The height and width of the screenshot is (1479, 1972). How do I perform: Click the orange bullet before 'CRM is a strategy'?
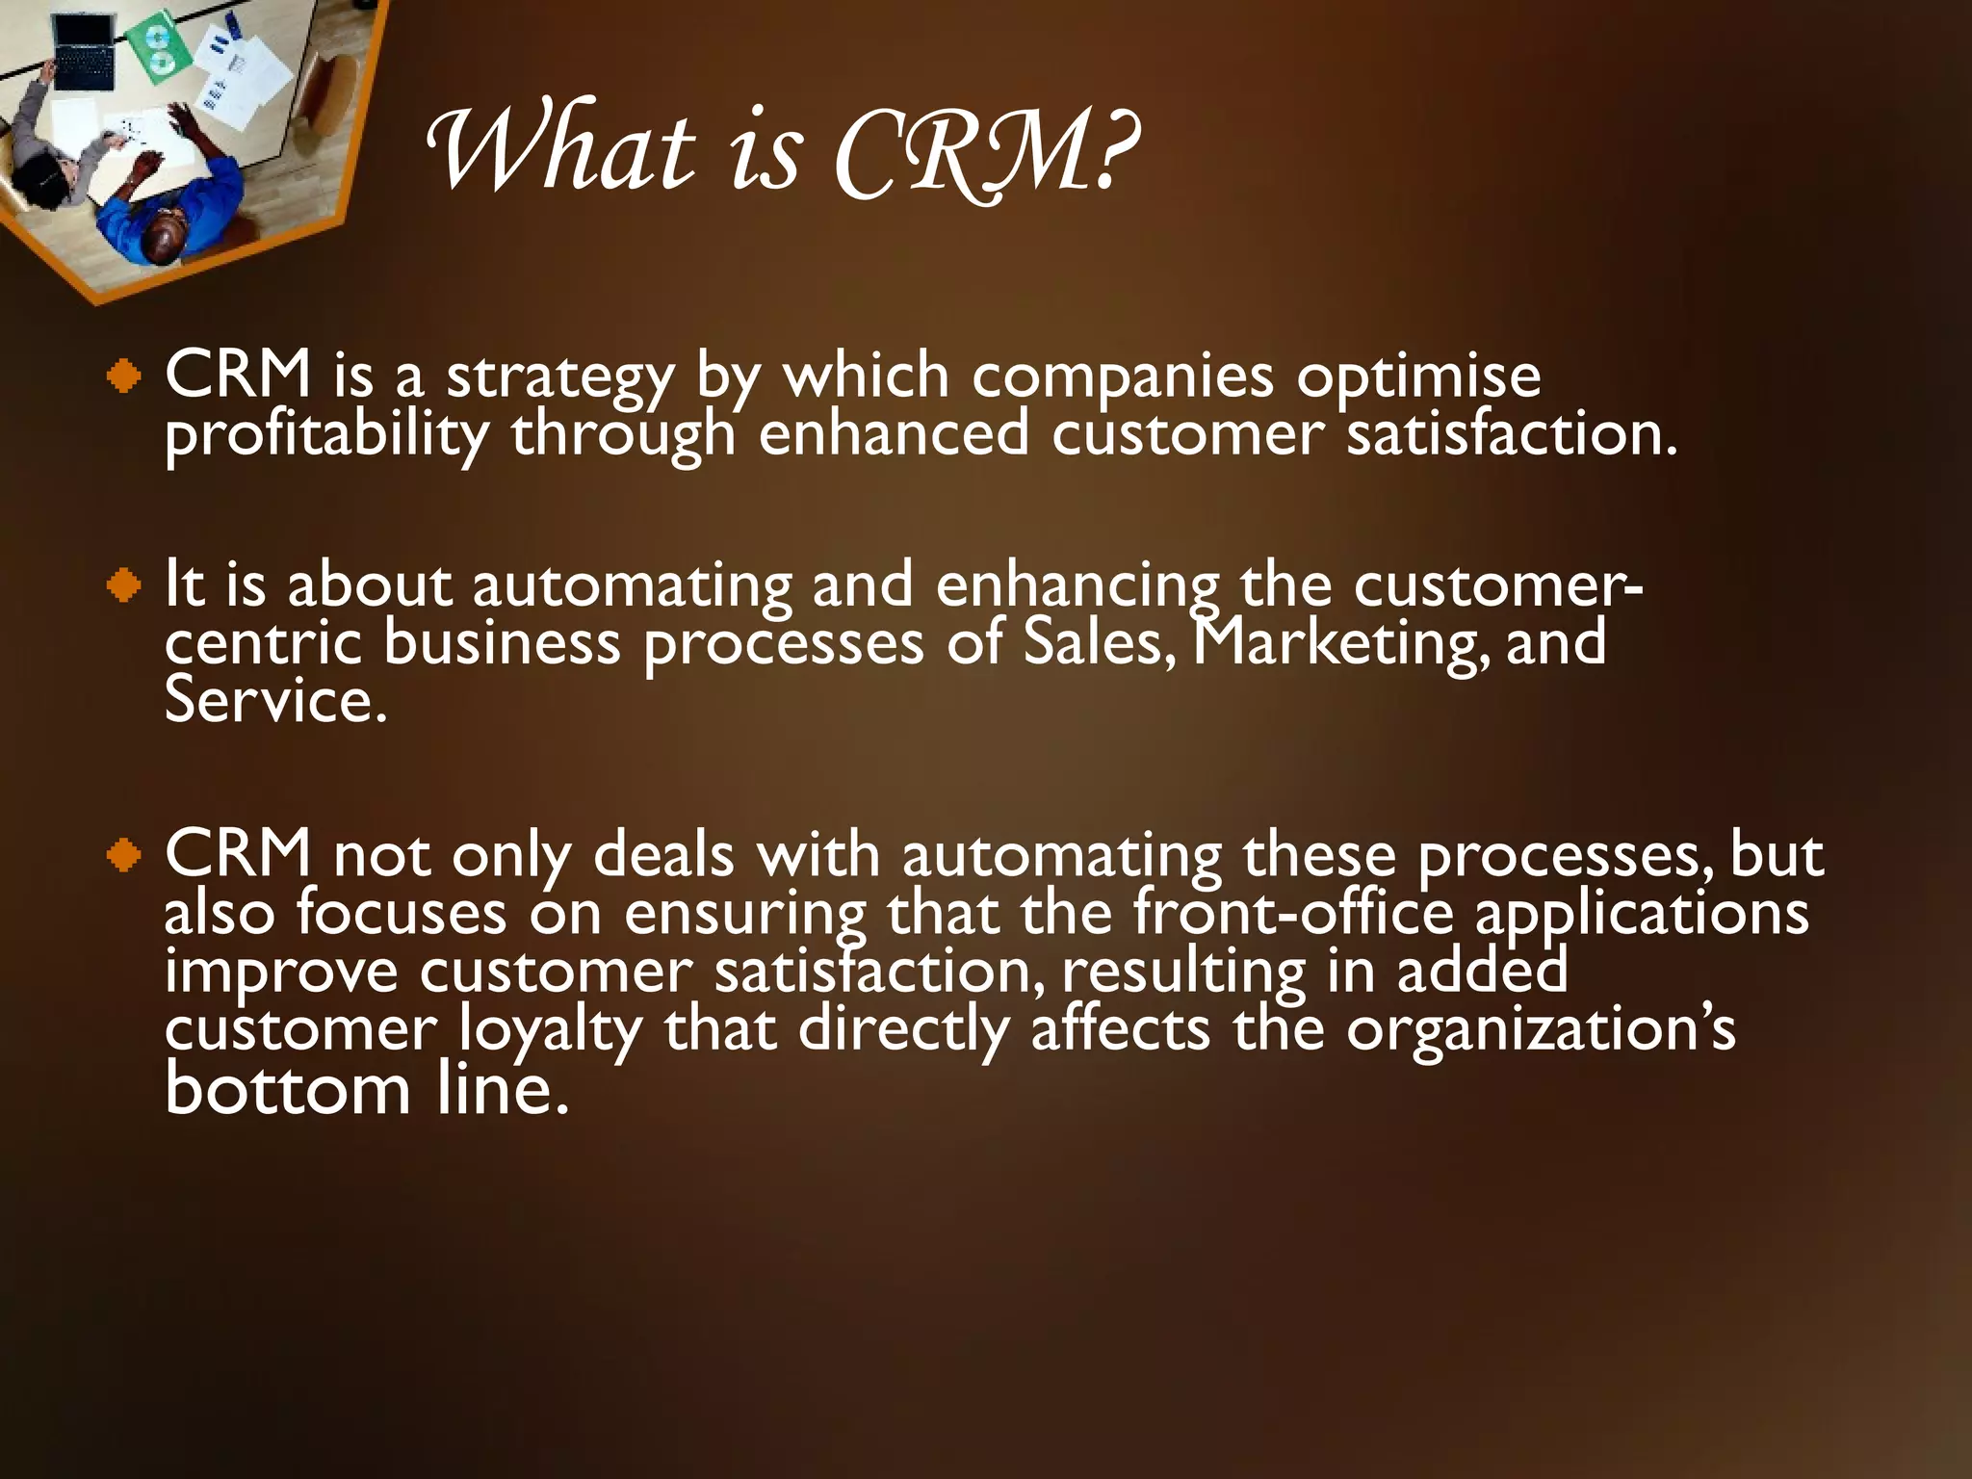(125, 376)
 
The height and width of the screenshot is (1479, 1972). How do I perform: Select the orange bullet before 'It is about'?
(125, 585)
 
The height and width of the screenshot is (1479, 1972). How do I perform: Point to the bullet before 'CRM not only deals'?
(125, 854)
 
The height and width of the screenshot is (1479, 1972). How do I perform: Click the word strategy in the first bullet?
(559, 377)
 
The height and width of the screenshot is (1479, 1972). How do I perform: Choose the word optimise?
(1417, 377)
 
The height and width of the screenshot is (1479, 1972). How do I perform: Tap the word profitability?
(325, 436)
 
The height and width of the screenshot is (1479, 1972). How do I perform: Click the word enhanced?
(894, 434)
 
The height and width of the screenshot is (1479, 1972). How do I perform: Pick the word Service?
(274, 701)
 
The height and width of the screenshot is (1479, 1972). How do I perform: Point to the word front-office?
(1293, 913)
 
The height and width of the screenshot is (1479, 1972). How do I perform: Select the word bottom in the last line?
(288, 1090)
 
